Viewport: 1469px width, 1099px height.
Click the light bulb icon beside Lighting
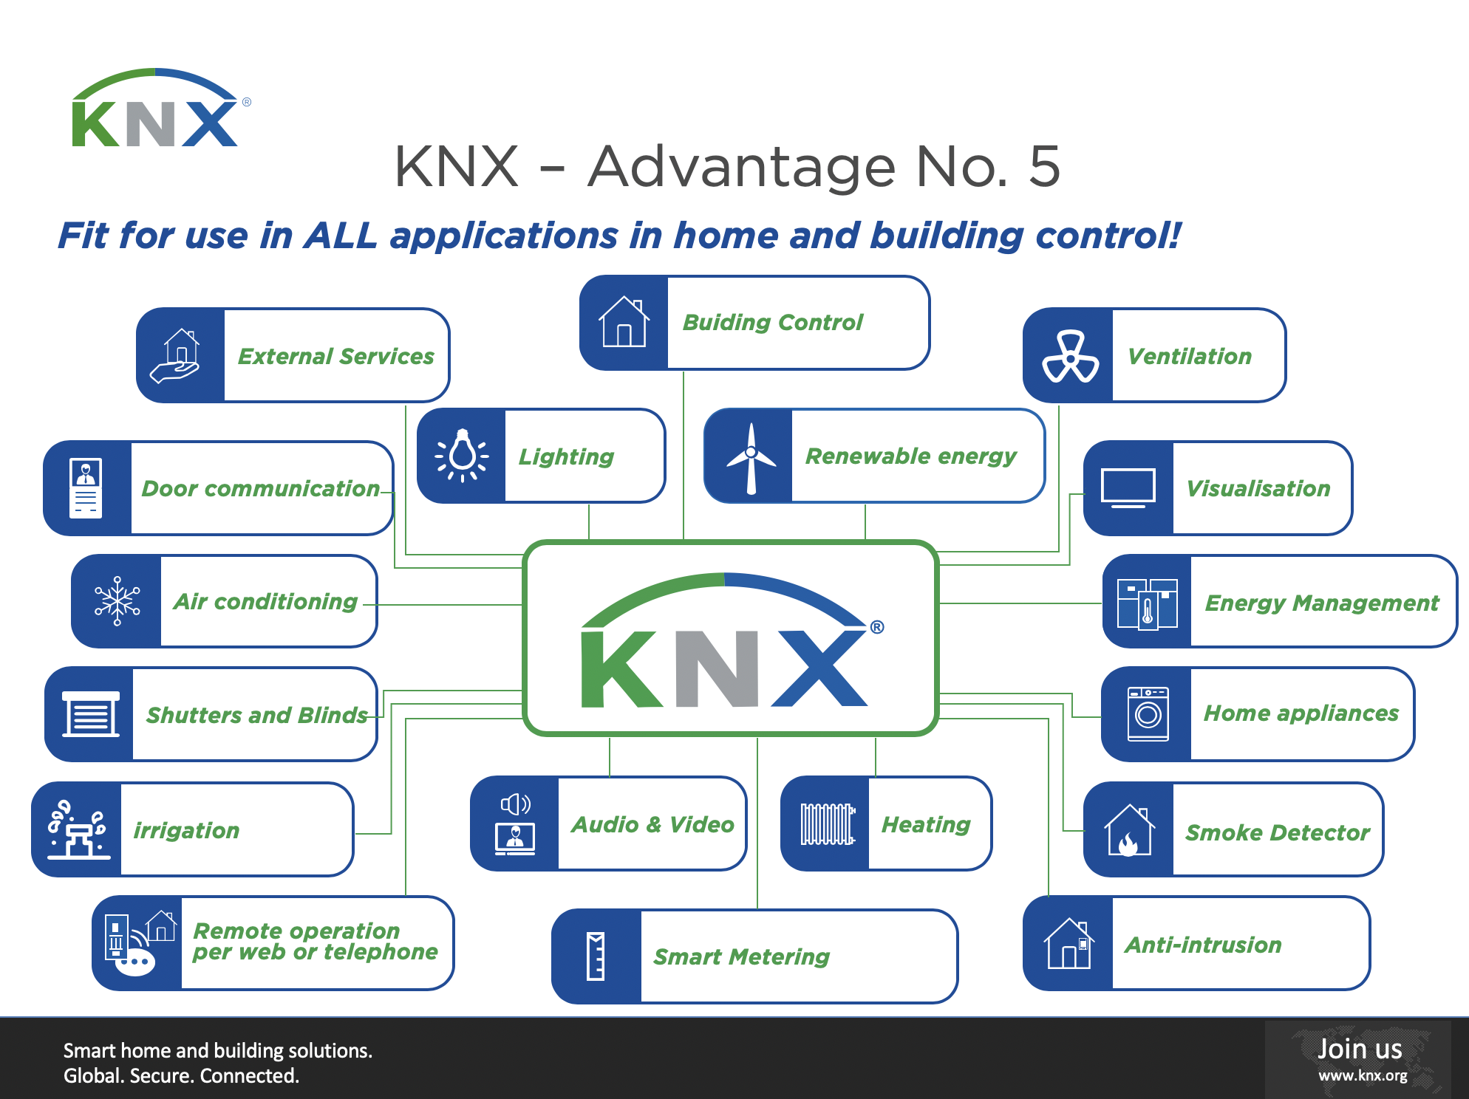[x=462, y=455]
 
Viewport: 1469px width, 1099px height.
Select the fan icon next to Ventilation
[x=1069, y=356]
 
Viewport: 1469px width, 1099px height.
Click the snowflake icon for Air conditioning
[x=117, y=601]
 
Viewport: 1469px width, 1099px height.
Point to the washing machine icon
[x=1148, y=713]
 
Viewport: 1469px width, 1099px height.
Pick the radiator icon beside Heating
[x=827, y=824]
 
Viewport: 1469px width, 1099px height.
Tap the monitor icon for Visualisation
[x=1128, y=488]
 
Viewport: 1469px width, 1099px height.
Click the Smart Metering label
[x=741, y=956]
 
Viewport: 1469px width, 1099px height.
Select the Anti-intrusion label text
[x=1203, y=945]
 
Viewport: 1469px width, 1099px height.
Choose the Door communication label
[x=260, y=488]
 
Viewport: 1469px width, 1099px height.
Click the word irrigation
[x=186, y=830]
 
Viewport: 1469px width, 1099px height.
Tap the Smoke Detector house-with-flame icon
[x=1128, y=831]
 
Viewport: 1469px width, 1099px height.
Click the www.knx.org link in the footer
[x=1363, y=1075]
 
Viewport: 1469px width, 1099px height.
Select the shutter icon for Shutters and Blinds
[x=90, y=714]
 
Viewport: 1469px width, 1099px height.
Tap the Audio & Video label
[x=652, y=824]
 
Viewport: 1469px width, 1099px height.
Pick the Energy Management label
[x=1321, y=603]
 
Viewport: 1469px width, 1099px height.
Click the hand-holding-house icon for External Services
[x=177, y=356]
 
